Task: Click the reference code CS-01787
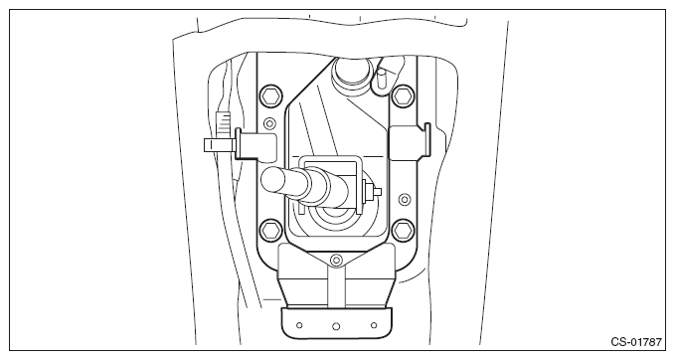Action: click(x=636, y=342)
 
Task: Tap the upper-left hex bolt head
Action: click(x=271, y=96)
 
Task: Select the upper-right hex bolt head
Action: click(x=404, y=96)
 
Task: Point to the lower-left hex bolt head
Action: click(x=271, y=230)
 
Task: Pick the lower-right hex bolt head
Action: click(x=404, y=230)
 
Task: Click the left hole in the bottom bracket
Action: click(x=299, y=325)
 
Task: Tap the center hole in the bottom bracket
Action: click(x=336, y=326)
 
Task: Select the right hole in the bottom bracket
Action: click(x=374, y=325)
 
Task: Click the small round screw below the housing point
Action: click(x=336, y=260)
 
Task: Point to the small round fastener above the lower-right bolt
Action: click(x=405, y=199)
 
